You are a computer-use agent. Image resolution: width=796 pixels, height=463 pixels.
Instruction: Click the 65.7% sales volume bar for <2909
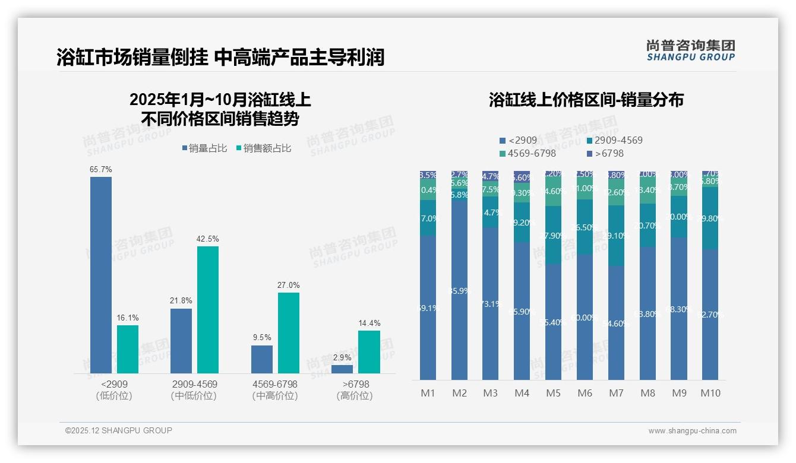(x=101, y=275)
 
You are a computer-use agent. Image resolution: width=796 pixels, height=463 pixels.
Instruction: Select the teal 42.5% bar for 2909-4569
(x=208, y=309)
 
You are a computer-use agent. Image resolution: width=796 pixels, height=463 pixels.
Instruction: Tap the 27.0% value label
(x=288, y=286)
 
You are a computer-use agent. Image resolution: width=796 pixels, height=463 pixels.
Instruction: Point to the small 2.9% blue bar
(x=342, y=369)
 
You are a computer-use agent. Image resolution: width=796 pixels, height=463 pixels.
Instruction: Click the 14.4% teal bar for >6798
(x=369, y=351)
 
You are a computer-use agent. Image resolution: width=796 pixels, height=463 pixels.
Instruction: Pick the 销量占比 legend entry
(x=204, y=148)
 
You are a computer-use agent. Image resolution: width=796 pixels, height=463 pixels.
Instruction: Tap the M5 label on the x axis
(x=553, y=393)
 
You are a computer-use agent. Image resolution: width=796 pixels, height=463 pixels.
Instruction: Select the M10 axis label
(x=710, y=393)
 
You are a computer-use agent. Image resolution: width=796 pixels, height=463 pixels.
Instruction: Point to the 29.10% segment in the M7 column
(x=616, y=236)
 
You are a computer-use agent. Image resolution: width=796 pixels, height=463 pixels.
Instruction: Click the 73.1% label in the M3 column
(x=490, y=304)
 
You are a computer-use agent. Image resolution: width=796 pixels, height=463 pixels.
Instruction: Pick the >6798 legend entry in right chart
(x=605, y=153)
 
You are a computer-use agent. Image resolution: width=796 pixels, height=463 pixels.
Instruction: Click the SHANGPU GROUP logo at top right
(x=690, y=50)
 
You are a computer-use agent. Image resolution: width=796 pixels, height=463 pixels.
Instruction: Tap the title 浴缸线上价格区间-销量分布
(x=586, y=100)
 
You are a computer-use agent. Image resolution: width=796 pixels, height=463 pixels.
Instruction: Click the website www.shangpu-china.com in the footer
(x=692, y=431)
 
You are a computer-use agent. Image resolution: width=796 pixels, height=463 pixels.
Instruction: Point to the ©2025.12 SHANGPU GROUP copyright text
(x=118, y=430)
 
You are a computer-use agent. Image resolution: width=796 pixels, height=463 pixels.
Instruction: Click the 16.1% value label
(x=128, y=318)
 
